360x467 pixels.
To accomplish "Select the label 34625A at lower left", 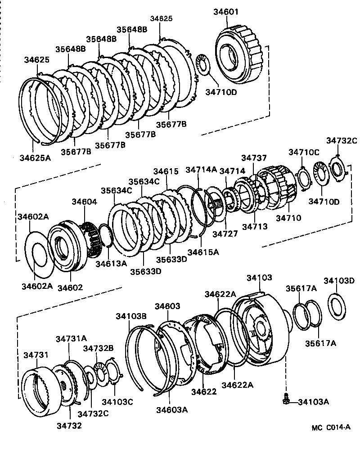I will [x=35, y=157].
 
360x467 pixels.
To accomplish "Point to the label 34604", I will [x=83, y=202].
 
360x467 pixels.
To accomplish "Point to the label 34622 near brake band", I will [x=203, y=391].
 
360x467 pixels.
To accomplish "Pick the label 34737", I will [x=254, y=158].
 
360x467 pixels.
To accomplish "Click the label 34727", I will [x=224, y=234].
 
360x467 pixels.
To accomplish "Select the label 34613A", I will [x=111, y=263].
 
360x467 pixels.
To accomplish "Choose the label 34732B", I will [x=98, y=348].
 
